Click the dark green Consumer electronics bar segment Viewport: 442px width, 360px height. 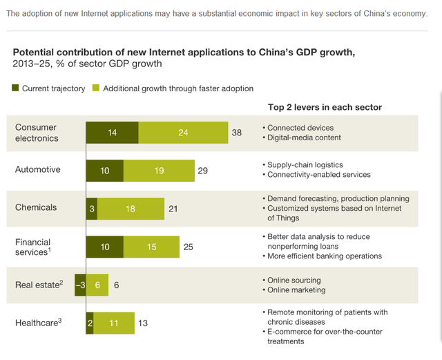(x=112, y=132)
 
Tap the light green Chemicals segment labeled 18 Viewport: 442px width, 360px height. (x=130, y=208)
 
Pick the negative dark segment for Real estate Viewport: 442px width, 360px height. (x=80, y=284)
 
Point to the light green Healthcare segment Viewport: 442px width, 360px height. (x=114, y=322)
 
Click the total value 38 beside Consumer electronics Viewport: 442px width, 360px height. (x=237, y=132)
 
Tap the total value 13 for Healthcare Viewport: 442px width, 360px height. (x=143, y=322)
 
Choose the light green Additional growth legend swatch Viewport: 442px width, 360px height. (x=96, y=88)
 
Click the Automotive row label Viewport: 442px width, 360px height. (x=38, y=169)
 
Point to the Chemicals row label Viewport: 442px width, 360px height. (x=36, y=207)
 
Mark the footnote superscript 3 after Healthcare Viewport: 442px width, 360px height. (x=60, y=319)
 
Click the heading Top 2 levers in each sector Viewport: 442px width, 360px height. (x=325, y=107)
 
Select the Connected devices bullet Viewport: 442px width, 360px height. (x=300, y=128)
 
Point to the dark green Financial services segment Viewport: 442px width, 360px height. (x=104, y=246)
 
